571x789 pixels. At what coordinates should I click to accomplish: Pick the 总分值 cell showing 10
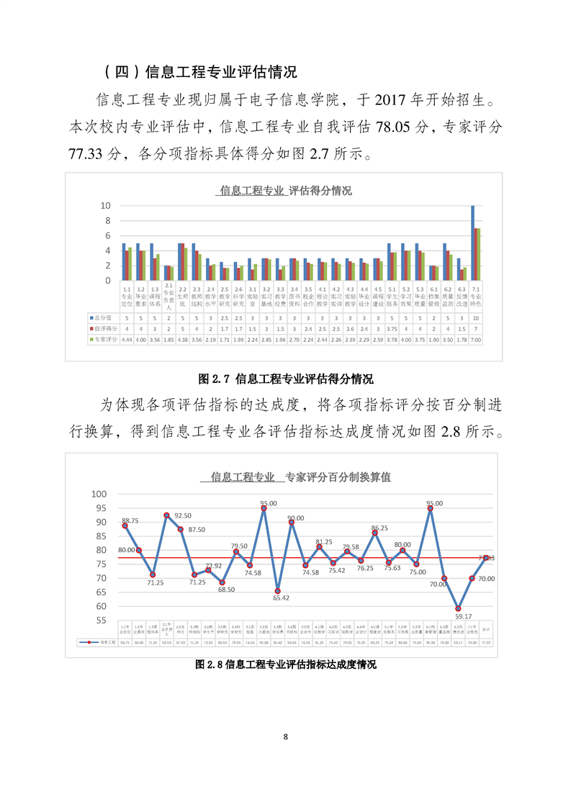pyautogui.click(x=476, y=317)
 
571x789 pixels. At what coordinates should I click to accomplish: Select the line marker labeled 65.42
pyautogui.click(x=278, y=591)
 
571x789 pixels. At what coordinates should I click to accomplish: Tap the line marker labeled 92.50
pyautogui.click(x=166, y=515)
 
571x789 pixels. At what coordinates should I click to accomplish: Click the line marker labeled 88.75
pyautogui.click(x=125, y=526)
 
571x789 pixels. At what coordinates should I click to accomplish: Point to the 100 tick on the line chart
pyautogui.click(x=99, y=494)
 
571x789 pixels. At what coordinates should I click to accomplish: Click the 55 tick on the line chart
pyautogui.click(x=101, y=620)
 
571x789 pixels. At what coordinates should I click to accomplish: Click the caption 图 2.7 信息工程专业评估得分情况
pyautogui.click(x=285, y=378)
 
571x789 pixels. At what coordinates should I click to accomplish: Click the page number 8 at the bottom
pyautogui.click(x=286, y=736)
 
